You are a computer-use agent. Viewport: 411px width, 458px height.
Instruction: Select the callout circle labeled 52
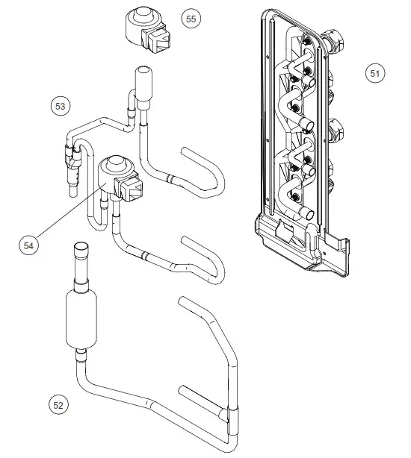(x=58, y=405)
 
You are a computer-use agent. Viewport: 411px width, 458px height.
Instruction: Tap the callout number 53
(x=61, y=105)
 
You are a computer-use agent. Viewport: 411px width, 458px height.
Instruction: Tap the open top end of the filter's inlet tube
(x=80, y=248)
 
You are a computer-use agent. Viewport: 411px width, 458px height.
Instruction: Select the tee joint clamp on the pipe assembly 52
(x=230, y=412)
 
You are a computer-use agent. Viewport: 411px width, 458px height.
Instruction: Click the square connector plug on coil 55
(x=161, y=37)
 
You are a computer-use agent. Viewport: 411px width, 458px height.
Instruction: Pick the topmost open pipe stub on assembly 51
(x=306, y=71)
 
